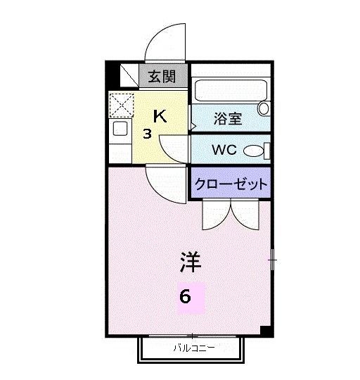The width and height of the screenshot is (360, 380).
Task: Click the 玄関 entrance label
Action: (x=162, y=76)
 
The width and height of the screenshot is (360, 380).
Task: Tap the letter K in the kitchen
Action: (x=160, y=116)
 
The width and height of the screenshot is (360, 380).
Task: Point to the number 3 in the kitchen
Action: (x=147, y=134)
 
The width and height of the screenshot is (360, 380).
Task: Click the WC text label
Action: (x=225, y=151)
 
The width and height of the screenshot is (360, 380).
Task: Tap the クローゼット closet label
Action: (x=231, y=184)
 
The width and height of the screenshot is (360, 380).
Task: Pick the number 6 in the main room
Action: (x=185, y=296)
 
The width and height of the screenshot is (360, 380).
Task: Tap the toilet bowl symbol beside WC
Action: (x=256, y=150)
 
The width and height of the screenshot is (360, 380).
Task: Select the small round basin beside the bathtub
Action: (x=264, y=108)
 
